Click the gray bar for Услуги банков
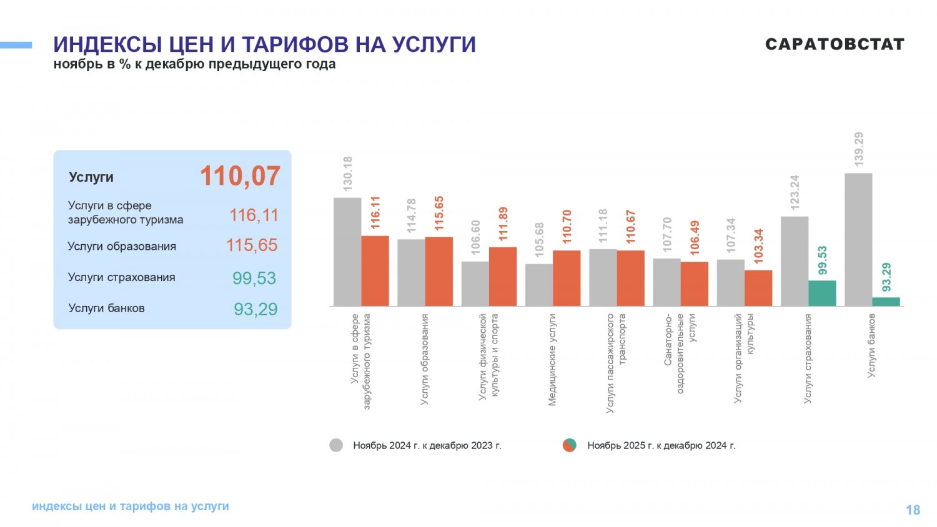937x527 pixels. [858, 240]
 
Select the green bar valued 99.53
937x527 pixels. [822, 293]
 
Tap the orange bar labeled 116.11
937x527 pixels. [375, 271]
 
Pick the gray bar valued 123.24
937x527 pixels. [795, 262]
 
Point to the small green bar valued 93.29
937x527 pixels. [886, 302]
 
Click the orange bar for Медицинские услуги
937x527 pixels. [567, 278]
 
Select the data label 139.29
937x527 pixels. [859, 149]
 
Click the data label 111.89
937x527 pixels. [503, 224]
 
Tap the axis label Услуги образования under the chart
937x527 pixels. [425, 360]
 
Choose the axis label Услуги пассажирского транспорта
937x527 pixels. [616, 362]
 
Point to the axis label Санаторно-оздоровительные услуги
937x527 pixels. [680, 353]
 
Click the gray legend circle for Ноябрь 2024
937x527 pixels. [336, 445]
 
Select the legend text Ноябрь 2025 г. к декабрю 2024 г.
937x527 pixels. [661, 446]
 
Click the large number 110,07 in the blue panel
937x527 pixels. [240, 176]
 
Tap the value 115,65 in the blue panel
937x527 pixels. [252, 245]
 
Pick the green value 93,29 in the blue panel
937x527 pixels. [255, 309]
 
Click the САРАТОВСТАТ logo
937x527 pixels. [835, 44]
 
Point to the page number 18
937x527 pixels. [913, 510]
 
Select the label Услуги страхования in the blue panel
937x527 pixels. [121, 277]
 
